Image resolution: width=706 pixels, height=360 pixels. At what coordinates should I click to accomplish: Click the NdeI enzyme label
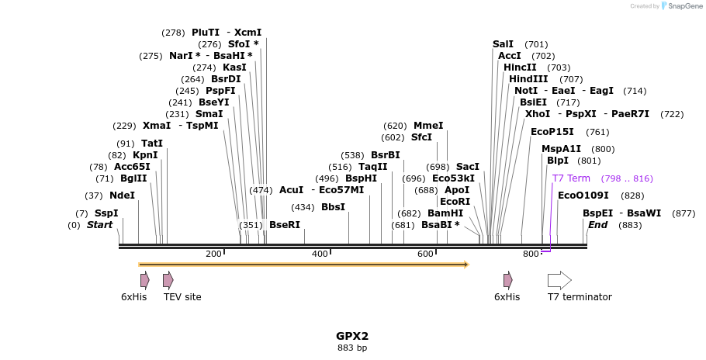coord(122,196)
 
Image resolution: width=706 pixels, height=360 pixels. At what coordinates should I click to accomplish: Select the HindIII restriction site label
coord(528,79)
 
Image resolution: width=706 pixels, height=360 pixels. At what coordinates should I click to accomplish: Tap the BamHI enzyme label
coord(445,213)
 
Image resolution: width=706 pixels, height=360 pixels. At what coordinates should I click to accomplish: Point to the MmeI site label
coord(428,126)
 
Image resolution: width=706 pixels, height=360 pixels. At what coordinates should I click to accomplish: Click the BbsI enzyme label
coord(333,207)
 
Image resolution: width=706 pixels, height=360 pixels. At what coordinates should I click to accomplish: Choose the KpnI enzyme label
coord(145,155)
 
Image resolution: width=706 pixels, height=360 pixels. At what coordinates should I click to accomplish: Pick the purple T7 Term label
coord(571,178)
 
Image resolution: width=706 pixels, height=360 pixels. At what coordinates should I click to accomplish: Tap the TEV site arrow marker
coord(168,280)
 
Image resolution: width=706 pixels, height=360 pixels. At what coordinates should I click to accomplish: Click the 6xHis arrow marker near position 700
coord(507,280)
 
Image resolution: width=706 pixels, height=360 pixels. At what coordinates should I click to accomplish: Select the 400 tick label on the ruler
coord(320,254)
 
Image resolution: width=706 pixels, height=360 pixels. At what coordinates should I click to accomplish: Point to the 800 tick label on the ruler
coord(531,254)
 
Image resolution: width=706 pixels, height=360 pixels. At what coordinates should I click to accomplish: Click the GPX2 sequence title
coord(352,337)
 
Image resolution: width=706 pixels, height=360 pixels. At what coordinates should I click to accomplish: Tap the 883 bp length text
coord(352,348)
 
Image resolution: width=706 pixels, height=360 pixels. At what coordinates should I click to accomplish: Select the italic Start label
coord(99,225)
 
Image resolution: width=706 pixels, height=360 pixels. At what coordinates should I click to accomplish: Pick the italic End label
coord(597,225)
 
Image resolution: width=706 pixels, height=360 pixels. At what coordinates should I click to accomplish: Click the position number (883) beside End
coord(630,225)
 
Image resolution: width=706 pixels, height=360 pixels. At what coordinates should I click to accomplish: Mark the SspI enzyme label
coord(106,213)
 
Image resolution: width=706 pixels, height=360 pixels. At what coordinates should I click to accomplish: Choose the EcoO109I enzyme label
coord(583,196)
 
